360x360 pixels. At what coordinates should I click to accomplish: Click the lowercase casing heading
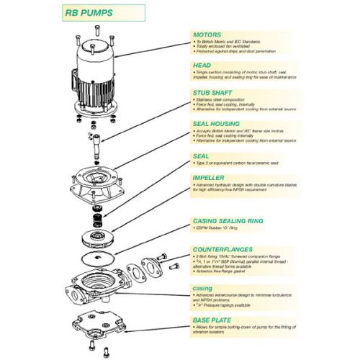pos(202,287)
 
